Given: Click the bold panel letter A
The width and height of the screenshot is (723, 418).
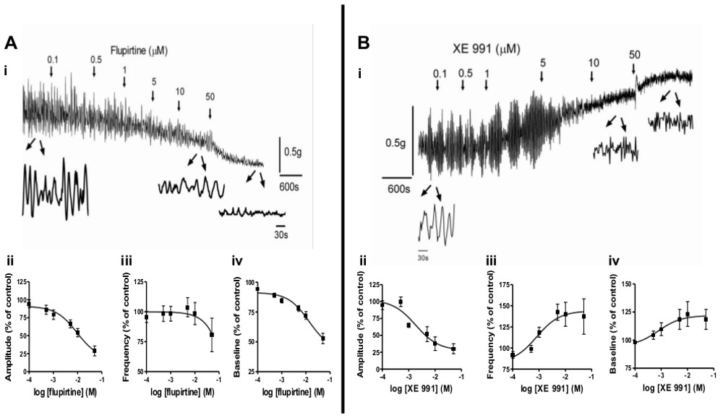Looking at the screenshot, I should coord(12,43).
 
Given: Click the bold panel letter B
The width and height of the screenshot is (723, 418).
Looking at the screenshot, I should coord(364,43).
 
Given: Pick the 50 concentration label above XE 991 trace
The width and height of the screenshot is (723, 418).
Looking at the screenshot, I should coord(634,54).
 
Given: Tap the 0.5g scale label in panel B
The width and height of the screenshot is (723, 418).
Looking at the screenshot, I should coord(396,143).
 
